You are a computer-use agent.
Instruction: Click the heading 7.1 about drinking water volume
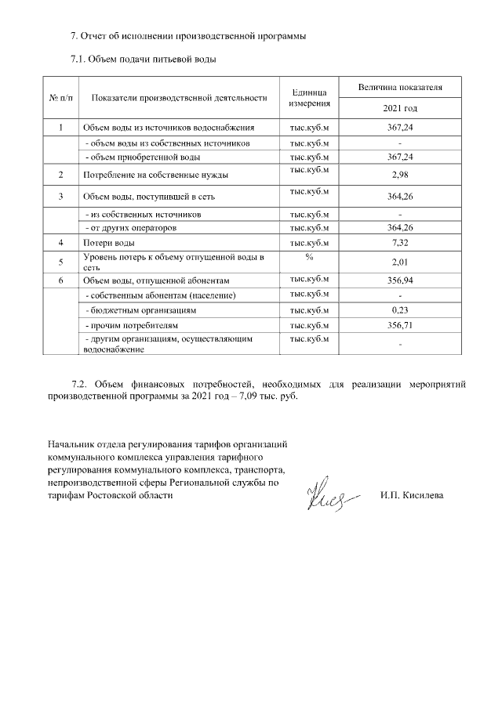coord(144,59)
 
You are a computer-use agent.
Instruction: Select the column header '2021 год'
coord(400,107)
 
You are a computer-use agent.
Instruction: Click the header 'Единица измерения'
coord(308,98)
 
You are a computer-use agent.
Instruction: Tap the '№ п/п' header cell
coord(61,98)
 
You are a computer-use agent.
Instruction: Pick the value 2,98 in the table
coord(400,175)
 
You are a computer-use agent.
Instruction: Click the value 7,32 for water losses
coord(400,244)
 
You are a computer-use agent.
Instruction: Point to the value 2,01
coord(400,263)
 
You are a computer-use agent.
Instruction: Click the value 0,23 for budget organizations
coord(400,311)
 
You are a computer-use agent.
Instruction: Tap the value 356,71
coord(400,325)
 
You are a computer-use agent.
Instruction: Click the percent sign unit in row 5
coord(308,258)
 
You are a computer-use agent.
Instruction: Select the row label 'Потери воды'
coord(108,244)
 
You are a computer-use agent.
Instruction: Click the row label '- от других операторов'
coord(130,228)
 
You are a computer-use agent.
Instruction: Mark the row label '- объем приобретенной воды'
coord(142,157)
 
